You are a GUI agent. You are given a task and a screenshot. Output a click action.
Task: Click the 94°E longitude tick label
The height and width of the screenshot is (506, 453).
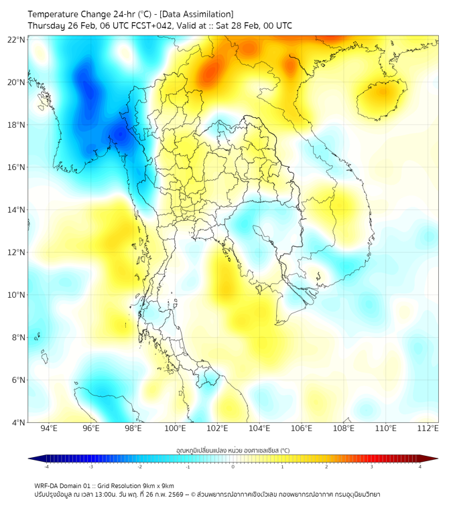(49, 428)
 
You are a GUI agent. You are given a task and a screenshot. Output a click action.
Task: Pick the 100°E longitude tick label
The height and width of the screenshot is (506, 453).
(176, 428)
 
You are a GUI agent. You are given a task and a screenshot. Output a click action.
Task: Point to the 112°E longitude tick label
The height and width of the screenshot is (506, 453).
(428, 428)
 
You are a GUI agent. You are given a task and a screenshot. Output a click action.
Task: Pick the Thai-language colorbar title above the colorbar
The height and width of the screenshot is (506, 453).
(233, 450)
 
